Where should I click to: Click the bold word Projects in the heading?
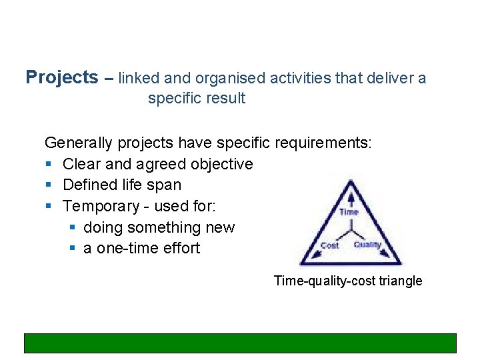pos(61,77)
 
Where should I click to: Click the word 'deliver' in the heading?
pos(388,78)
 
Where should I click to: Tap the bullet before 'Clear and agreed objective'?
pos(48,164)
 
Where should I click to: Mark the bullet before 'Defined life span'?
pos(48,185)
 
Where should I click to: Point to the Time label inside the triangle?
pos(349,212)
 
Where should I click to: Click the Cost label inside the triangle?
pos(329,245)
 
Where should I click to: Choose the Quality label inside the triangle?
pos(367,245)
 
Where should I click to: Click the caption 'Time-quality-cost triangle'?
pos(348,281)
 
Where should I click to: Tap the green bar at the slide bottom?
pos(240,343)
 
